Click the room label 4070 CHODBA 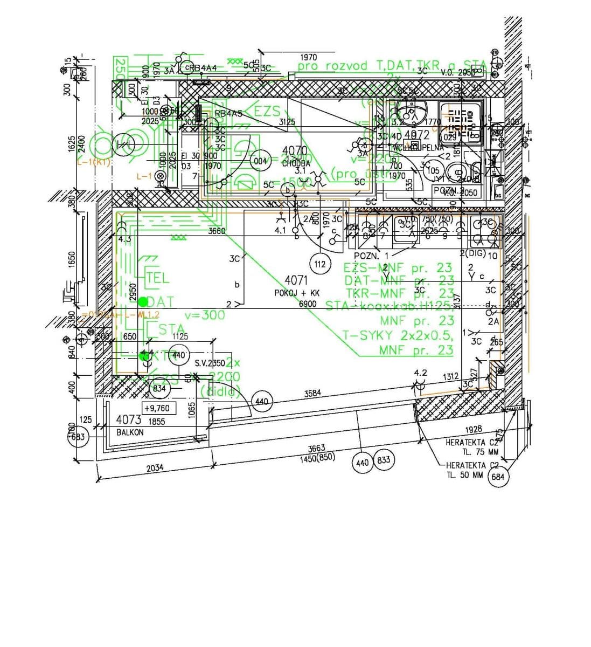(x=295, y=156)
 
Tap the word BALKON (x=130, y=432)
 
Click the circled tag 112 (x=320, y=264)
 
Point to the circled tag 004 (x=261, y=161)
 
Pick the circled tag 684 (x=498, y=477)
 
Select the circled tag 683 (x=79, y=437)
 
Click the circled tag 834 (x=159, y=388)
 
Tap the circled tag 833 (x=384, y=461)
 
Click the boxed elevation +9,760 (x=157, y=408)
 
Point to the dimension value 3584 (x=312, y=394)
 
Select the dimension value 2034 (x=155, y=468)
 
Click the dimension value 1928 (x=474, y=429)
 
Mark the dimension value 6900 (x=308, y=304)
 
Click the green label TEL (x=157, y=278)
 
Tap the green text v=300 (x=205, y=315)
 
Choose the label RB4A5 (x=229, y=114)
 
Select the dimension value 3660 (x=217, y=231)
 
